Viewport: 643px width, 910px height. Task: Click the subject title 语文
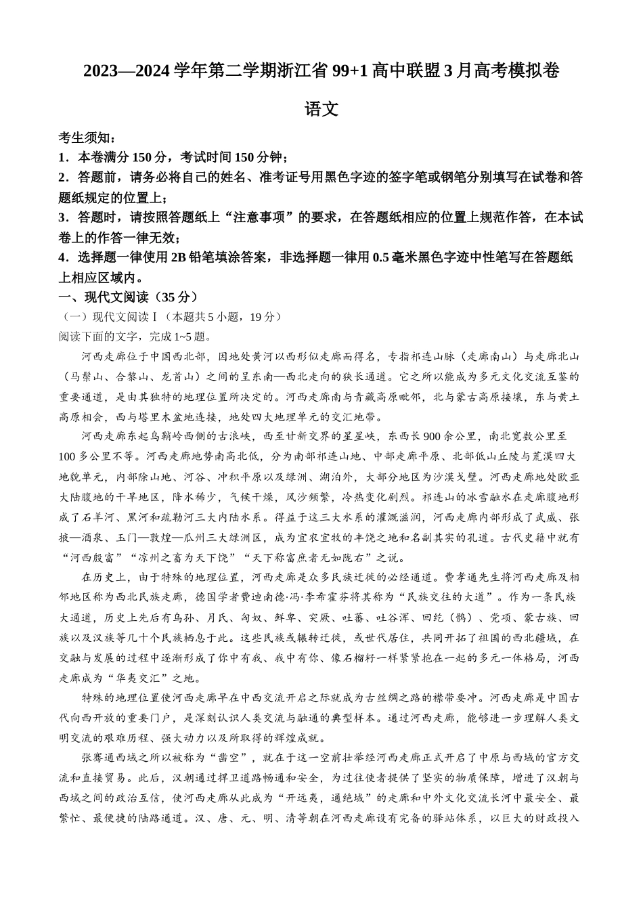pyautogui.click(x=321, y=109)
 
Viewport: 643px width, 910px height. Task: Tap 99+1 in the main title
pyautogui.click(x=351, y=70)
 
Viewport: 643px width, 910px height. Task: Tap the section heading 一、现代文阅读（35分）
pyautogui.click(x=129, y=297)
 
